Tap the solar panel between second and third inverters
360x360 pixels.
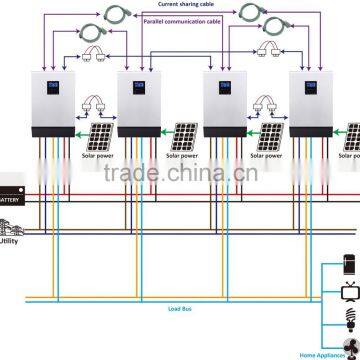pyautogui.click(x=185, y=139)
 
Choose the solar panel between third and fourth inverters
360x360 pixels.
pyautogui.click(x=271, y=139)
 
